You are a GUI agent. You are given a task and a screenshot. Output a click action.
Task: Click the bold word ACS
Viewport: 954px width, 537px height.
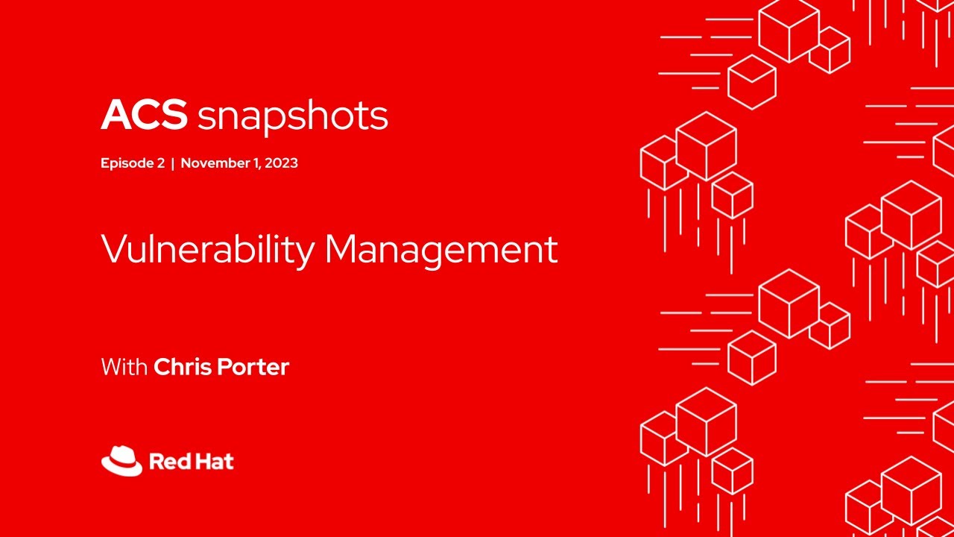144,115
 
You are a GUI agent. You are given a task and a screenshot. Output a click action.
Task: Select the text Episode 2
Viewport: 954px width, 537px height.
132,163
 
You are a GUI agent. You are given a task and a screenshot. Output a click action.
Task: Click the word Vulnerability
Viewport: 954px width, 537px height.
207,250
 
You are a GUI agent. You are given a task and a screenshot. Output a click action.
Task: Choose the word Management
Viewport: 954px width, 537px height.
441,250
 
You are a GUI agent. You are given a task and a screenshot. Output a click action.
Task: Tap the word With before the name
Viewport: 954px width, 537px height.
124,367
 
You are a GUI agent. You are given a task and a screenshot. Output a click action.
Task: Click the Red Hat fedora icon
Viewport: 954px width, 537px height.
121,461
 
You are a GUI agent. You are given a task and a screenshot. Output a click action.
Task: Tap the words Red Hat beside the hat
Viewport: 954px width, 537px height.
192,462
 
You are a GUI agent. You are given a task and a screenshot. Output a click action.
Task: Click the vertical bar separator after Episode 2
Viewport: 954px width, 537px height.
173,163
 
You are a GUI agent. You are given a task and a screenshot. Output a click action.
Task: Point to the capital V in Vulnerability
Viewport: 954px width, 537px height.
111,249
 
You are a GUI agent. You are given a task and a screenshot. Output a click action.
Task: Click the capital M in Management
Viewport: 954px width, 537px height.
341,249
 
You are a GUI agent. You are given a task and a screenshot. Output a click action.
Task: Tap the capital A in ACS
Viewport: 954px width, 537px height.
114,115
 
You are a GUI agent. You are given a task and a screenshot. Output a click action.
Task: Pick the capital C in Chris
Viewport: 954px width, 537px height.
161,367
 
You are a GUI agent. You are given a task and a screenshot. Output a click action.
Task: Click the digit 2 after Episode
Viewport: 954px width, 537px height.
160,163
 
